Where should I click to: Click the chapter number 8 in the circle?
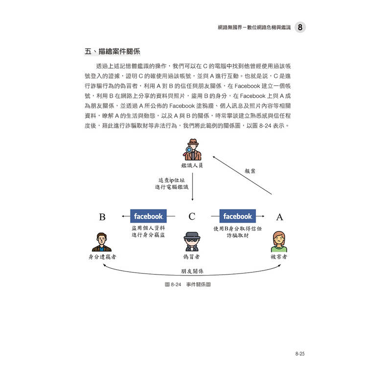[300, 27]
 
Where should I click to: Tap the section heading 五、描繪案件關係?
[113, 51]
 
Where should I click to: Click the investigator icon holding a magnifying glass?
[192, 150]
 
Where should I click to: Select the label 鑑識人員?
[192, 165]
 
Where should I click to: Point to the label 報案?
[250, 171]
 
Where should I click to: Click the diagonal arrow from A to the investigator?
[242, 175]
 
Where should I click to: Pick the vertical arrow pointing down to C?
[192, 187]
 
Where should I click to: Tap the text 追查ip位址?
[172, 180]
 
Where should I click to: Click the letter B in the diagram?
[102, 217]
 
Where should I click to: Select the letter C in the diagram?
[192, 216]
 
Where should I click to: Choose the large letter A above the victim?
[279, 217]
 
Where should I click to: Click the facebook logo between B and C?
[148, 216]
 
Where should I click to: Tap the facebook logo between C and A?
[237, 216]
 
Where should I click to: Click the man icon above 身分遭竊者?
[102, 242]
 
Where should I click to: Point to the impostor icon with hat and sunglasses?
[192, 242]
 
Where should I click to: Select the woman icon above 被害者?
[279, 242]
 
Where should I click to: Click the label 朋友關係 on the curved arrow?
[192, 271]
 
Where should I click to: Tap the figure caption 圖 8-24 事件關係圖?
[188, 284]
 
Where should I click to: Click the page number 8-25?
[300, 353]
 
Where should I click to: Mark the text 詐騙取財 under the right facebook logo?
[237, 235]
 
